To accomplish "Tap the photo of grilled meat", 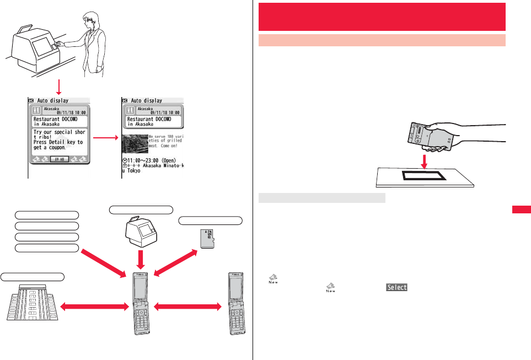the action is coord(135,144).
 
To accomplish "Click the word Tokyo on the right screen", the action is coord(132,171).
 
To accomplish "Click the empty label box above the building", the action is coord(33,276).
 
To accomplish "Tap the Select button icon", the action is coord(396,287).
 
